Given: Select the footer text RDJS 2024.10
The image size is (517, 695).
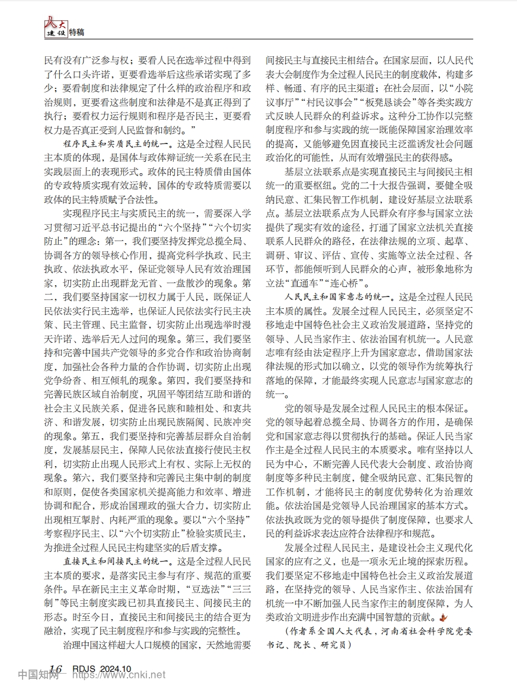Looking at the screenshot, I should (101, 669).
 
